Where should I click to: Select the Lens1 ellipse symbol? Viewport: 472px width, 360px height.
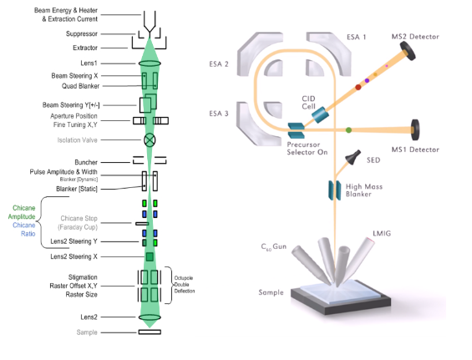(150, 63)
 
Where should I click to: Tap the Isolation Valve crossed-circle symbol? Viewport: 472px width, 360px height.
(150, 139)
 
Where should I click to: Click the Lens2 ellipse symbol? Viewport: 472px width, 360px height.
(150, 317)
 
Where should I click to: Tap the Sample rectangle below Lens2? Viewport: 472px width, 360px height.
(150, 332)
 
